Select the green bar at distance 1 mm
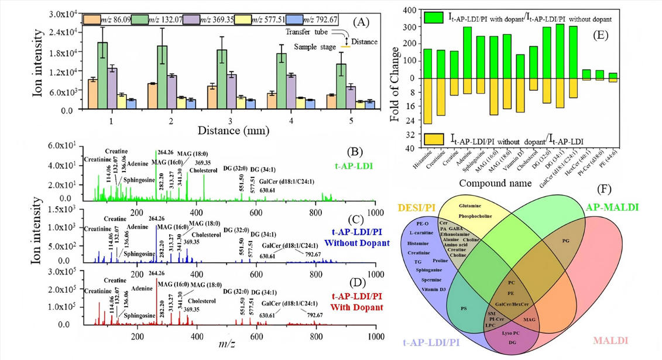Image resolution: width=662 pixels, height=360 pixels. [x=102, y=76]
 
